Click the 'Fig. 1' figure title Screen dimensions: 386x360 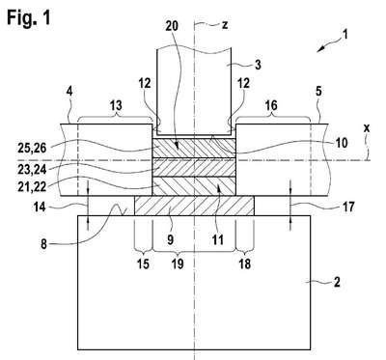29,17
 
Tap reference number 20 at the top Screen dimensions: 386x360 172,26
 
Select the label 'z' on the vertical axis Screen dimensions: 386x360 225,25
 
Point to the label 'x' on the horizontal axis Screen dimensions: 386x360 367,128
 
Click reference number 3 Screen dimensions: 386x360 258,65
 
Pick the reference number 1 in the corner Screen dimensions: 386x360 345,34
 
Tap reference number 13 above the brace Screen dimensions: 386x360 117,105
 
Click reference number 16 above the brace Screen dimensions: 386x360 272,105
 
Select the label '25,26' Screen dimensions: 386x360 32,149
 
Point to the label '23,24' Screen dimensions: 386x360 32,170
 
